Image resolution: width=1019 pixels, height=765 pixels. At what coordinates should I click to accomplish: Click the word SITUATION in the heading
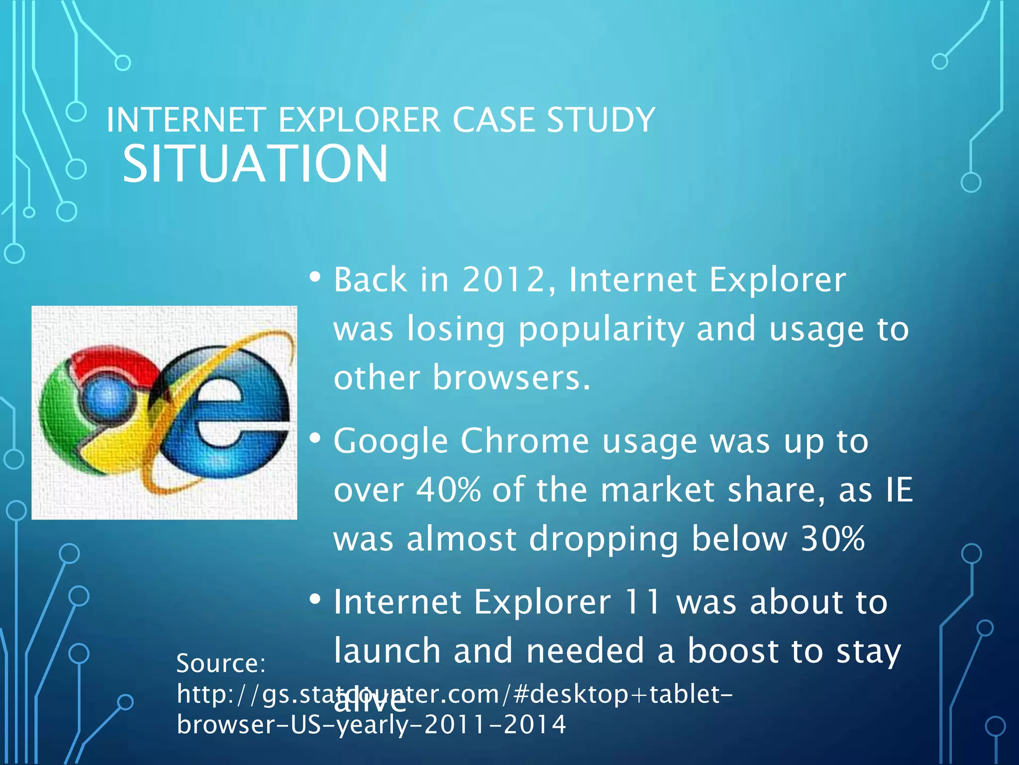coord(255,164)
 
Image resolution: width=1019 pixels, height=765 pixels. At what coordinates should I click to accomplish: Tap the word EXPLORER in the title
coord(359,120)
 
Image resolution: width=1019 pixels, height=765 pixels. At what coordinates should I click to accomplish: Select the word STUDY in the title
coord(601,120)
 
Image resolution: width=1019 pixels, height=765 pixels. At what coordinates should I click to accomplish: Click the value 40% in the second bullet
coord(448,490)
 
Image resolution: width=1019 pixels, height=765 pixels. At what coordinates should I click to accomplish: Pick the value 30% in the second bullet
coord(833,539)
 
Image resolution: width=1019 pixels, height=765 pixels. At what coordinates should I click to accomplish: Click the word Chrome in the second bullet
coord(525,441)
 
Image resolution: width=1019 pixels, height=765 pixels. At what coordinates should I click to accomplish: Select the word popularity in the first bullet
coord(601,329)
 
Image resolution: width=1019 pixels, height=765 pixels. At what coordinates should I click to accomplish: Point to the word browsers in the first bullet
coord(511,378)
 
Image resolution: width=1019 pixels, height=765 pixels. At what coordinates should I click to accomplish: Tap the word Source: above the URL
coord(221,663)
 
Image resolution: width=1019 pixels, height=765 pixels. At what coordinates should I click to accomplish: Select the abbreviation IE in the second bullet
coord(900,490)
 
